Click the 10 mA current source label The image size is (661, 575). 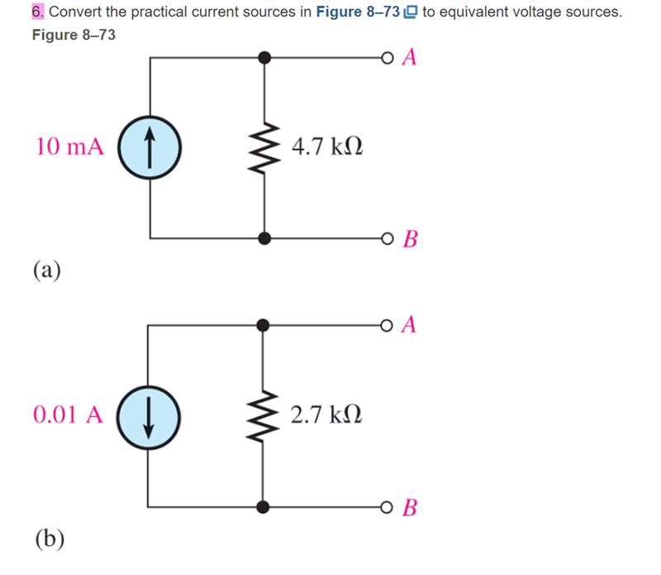tap(70, 147)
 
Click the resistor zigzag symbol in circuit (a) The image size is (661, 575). tap(264, 148)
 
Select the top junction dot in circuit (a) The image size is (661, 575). tap(264, 58)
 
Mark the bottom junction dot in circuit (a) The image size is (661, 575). tap(264, 239)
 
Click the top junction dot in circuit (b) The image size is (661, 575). tap(264, 325)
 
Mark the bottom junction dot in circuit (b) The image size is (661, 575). tap(264, 506)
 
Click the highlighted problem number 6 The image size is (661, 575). tap(38, 12)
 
